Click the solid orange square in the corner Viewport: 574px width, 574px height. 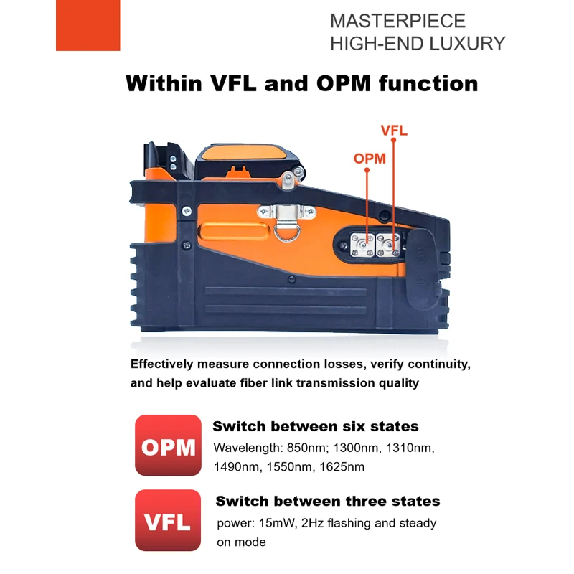pyautogui.click(x=88, y=25)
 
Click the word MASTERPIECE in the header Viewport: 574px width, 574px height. pyautogui.click(x=397, y=21)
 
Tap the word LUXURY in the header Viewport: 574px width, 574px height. pyautogui.click(x=467, y=44)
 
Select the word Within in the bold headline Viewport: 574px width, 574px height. pyautogui.click(x=164, y=83)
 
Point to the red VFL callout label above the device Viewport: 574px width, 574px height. pyautogui.click(x=394, y=131)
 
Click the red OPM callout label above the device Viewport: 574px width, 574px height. pyautogui.click(x=370, y=159)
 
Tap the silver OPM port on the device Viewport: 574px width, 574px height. pyautogui.click(x=362, y=245)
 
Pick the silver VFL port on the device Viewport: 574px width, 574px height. pyautogui.click(x=388, y=245)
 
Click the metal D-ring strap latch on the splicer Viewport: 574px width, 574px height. pyautogui.click(x=286, y=220)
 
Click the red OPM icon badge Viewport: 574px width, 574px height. pyautogui.click(x=168, y=445)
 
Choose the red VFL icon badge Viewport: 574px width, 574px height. pyautogui.click(x=168, y=520)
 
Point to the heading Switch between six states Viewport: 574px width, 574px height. pyautogui.click(x=316, y=426)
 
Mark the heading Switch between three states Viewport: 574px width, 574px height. pyautogui.click(x=328, y=501)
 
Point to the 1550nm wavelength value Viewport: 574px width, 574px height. pyautogui.click(x=290, y=467)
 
